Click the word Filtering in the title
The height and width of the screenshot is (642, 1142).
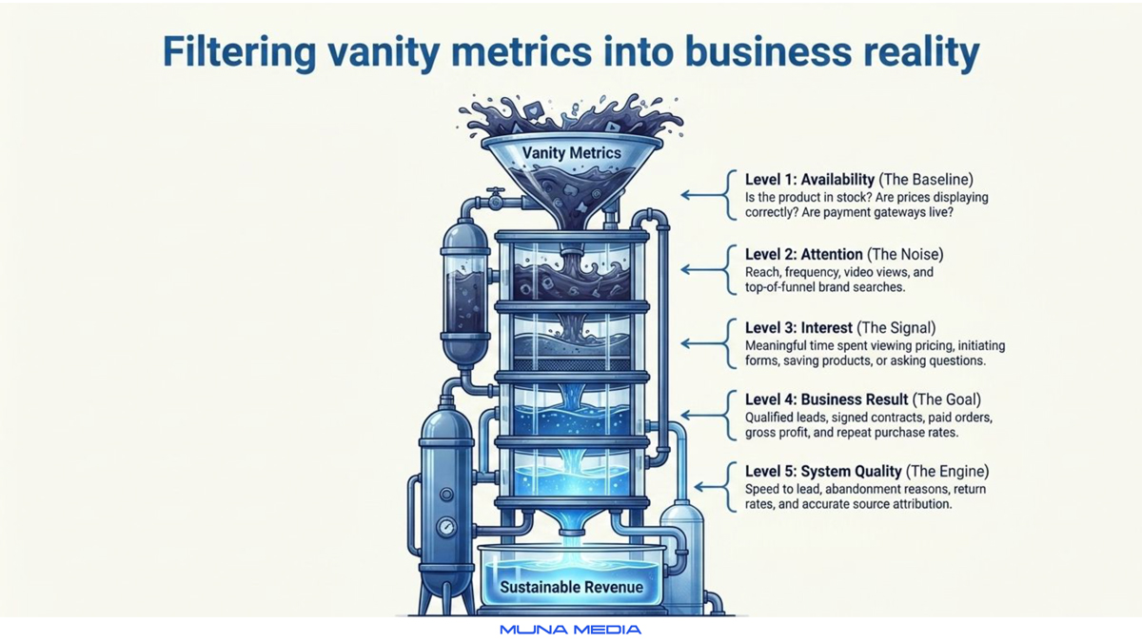point(240,52)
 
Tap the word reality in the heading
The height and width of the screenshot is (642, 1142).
point(921,52)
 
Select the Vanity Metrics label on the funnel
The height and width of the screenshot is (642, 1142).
point(572,153)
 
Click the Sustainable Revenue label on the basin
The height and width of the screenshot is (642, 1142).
point(572,587)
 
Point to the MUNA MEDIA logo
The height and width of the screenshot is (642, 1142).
point(570,630)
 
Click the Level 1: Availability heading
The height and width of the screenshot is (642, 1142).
point(810,180)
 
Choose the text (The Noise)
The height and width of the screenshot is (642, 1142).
point(905,254)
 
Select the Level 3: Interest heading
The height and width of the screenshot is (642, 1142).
point(798,327)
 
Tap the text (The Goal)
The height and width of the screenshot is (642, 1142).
point(947,399)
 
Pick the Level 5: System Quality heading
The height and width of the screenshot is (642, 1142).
point(823,472)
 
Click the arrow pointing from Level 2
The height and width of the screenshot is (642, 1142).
point(703,269)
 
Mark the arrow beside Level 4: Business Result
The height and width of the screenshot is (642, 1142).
point(703,416)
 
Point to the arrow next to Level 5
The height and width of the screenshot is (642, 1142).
point(710,487)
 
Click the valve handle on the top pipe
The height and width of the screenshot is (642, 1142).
point(495,191)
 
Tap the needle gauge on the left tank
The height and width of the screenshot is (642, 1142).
point(446,527)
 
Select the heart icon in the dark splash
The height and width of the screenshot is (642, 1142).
point(533,110)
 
